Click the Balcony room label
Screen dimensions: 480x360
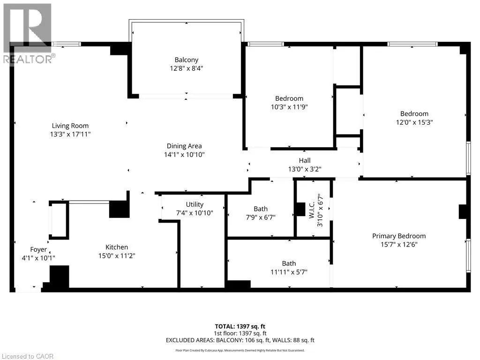[187, 60]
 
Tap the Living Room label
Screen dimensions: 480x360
[70, 126]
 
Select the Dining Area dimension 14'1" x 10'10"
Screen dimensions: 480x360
[184, 155]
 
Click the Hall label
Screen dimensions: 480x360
[305, 160]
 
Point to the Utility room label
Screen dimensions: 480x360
[195, 204]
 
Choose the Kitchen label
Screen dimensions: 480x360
[117, 247]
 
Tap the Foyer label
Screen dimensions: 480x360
[38, 249]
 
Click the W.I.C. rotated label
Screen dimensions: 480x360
[312, 210]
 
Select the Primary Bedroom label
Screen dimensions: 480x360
[399, 236]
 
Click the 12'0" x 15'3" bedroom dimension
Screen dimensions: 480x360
[414, 122]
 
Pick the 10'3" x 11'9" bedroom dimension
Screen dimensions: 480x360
[289, 107]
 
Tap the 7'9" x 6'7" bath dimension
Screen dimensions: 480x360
[261, 217]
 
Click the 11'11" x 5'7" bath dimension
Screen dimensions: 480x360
[289, 272]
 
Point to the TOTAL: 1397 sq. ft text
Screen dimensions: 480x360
[240, 326]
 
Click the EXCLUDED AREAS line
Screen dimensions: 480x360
[240, 340]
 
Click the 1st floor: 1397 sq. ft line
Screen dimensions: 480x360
[240, 333]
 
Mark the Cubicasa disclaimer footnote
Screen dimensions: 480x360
[240, 350]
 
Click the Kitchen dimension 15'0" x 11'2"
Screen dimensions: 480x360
[117, 255]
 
